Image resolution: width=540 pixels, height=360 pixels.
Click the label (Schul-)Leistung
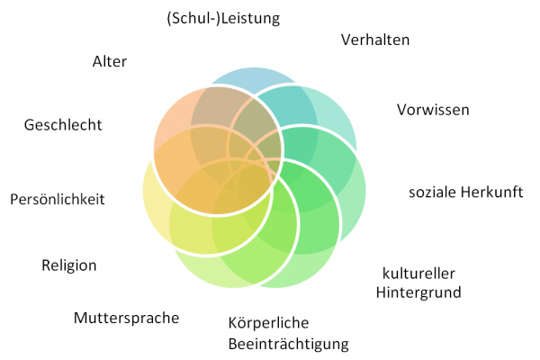[224, 17]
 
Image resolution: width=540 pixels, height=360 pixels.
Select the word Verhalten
[375, 40]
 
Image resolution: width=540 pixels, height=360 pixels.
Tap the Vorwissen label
[433, 110]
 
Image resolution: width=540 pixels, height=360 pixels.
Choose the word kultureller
[418, 273]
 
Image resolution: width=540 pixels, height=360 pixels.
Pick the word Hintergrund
[418, 292]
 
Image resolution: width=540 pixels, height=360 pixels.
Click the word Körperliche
[268, 321]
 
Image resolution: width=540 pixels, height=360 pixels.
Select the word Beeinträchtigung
[288, 343]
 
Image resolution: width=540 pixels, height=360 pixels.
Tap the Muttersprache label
[126, 318]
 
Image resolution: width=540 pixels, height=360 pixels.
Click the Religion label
[68, 265]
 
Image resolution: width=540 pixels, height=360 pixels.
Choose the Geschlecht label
[62, 124]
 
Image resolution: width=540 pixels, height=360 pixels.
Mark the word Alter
[109, 61]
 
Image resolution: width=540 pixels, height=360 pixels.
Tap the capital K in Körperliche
[232, 321]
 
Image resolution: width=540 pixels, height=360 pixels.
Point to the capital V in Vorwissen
[401, 110]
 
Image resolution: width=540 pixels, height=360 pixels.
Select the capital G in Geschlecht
[29, 124]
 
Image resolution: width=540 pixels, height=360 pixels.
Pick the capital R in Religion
[46, 265]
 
